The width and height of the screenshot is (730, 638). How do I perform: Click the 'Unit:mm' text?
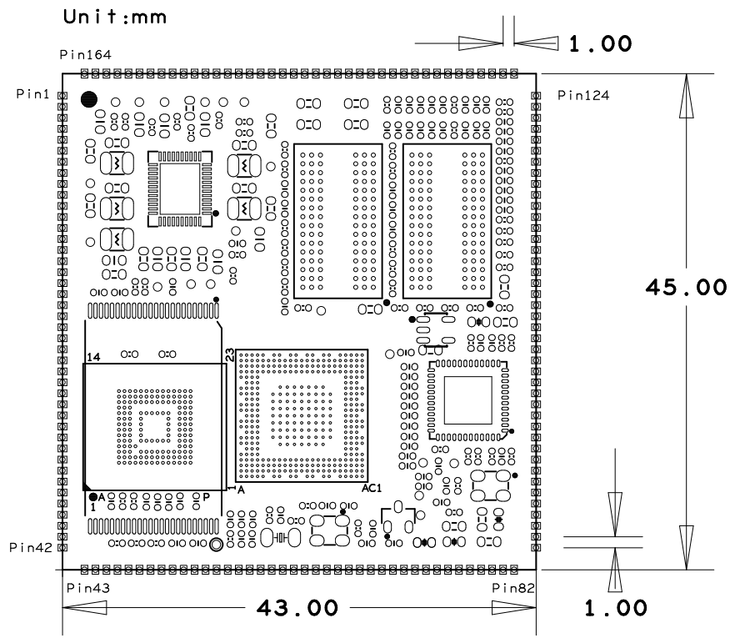(114, 17)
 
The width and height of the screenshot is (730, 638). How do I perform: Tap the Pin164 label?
(86, 55)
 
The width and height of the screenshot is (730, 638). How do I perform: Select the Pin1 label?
(32, 93)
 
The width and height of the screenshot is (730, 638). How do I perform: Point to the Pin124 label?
(583, 96)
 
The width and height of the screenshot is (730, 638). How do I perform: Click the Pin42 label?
(31, 547)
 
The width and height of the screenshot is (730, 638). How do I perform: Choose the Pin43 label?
(88, 588)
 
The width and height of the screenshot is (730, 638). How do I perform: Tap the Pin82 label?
(513, 588)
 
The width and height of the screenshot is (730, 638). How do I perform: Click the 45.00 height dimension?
(686, 287)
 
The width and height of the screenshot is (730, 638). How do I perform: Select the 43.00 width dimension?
(297, 608)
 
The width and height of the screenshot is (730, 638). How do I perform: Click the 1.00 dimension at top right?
(601, 44)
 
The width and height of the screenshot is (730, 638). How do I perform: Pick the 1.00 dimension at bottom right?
(616, 608)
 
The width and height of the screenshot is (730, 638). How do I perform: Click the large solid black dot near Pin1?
(89, 99)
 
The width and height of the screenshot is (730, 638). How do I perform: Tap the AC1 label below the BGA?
(372, 488)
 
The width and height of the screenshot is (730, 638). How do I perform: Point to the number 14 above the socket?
(93, 357)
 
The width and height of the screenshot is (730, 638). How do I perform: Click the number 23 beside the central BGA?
(230, 354)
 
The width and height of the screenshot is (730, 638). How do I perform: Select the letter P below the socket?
(206, 497)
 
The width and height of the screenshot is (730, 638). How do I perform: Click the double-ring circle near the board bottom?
(216, 545)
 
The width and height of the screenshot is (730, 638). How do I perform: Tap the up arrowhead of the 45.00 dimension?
(686, 96)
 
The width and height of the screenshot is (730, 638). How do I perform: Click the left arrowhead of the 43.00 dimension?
(85, 608)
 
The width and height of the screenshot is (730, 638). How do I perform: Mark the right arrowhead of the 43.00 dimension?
(514, 608)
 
